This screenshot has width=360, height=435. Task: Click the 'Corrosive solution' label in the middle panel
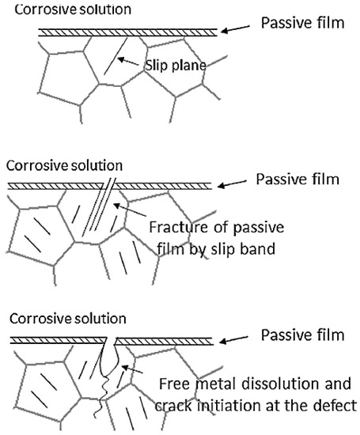pyautogui.click(x=64, y=165)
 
